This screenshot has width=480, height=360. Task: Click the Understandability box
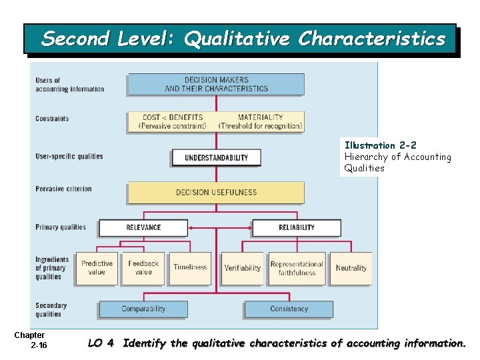click(x=216, y=158)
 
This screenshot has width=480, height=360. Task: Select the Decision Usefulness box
click(x=216, y=193)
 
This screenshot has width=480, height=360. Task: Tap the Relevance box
click(x=143, y=227)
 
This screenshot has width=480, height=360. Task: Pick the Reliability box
click(x=297, y=227)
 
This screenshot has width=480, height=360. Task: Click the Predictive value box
click(x=97, y=268)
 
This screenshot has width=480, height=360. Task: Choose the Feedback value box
click(x=143, y=268)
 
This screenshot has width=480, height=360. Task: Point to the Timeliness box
click(x=190, y=268)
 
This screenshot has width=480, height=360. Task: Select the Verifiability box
click(x=243, y=268)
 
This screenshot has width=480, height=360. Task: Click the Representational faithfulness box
click(x=297, y=268)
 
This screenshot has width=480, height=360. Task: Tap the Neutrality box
click(x=351, y=268)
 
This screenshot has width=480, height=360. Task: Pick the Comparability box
click(x=143, y=309)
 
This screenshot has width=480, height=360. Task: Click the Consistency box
click(x=289, y=309)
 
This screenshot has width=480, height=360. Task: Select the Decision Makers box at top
click(x=216, y=84)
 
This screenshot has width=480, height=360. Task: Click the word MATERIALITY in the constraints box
click(x=260, y=117)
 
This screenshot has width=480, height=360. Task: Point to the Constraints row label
click(x=52, y=119)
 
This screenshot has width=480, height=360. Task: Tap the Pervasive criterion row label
click(x=63, y=189)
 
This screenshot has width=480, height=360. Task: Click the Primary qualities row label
click(x=61, y=227)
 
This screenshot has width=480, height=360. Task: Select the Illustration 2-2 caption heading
click(x=381, y=145)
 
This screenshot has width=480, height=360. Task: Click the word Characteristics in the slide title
click(x=371, y=39)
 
